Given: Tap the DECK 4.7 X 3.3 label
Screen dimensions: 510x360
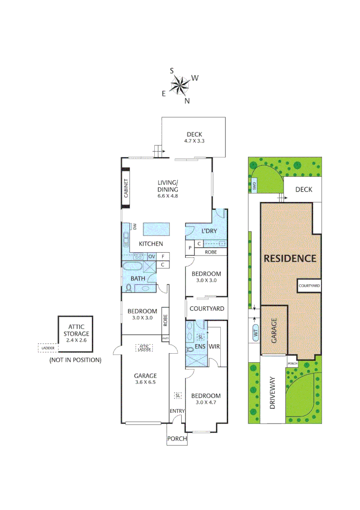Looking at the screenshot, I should click(x=193, y=137).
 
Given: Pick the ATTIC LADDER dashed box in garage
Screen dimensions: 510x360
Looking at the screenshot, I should click(x=144, y=348).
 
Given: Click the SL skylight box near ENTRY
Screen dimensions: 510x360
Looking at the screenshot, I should click(x=178, y=395).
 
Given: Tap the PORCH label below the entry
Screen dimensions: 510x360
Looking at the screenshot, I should click(x=177, y=439).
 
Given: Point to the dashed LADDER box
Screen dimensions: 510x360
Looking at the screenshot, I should click(x=47, y=348).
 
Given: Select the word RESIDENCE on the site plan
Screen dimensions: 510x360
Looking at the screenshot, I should click(x=290, y=258).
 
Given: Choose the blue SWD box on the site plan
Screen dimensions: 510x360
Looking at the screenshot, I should click(x=253, y=187).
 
